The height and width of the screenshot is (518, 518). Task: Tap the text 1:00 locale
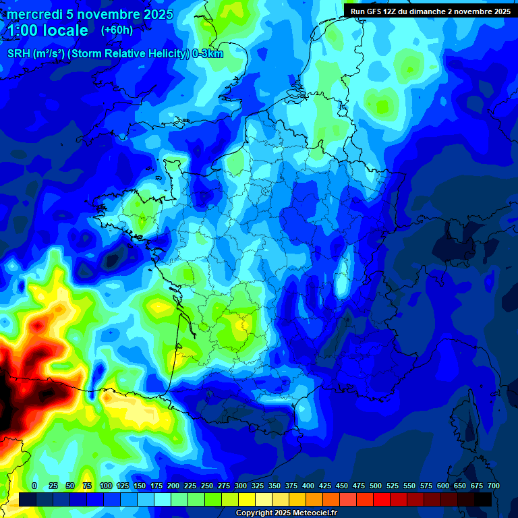[47, 31]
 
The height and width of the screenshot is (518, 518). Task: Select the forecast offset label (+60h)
[117, 30]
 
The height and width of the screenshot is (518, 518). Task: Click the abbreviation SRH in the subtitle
[18, 54]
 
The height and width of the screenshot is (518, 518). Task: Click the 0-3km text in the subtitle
[208, 54]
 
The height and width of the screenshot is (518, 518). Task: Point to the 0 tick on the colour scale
[34, 486]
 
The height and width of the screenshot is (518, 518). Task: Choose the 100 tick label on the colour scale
[106, 486]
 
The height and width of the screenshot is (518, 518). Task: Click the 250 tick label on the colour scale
[207, 486]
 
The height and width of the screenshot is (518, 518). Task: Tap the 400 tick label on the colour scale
[308, 486]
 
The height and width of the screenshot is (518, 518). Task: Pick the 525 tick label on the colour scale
[393, 486]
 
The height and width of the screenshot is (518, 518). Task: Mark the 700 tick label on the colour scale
[493, 486]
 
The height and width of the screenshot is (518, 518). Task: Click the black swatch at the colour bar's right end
[483, 499]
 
